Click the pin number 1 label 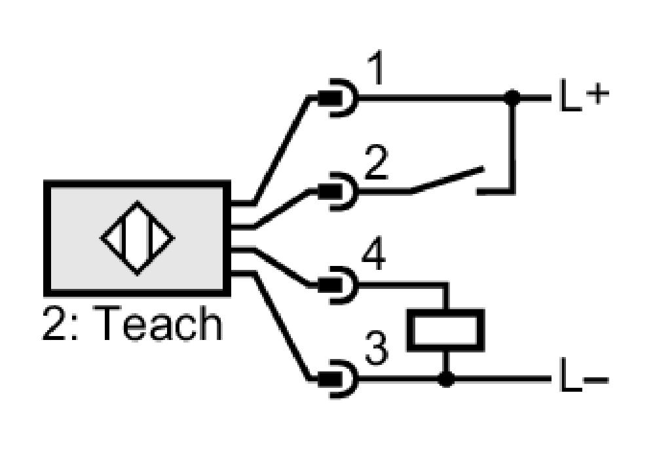tap(376, 69)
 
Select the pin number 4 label tap(373, 254)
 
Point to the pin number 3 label tap(377, 348)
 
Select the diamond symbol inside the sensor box tap(138, 238)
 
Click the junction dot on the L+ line tap(512, 98)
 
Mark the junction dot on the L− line tap(446, 379)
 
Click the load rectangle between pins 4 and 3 tap(445, 330)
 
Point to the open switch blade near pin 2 tap(447, 179)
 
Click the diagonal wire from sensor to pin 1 tap(282, 151)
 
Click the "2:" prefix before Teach tap(60, 324)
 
